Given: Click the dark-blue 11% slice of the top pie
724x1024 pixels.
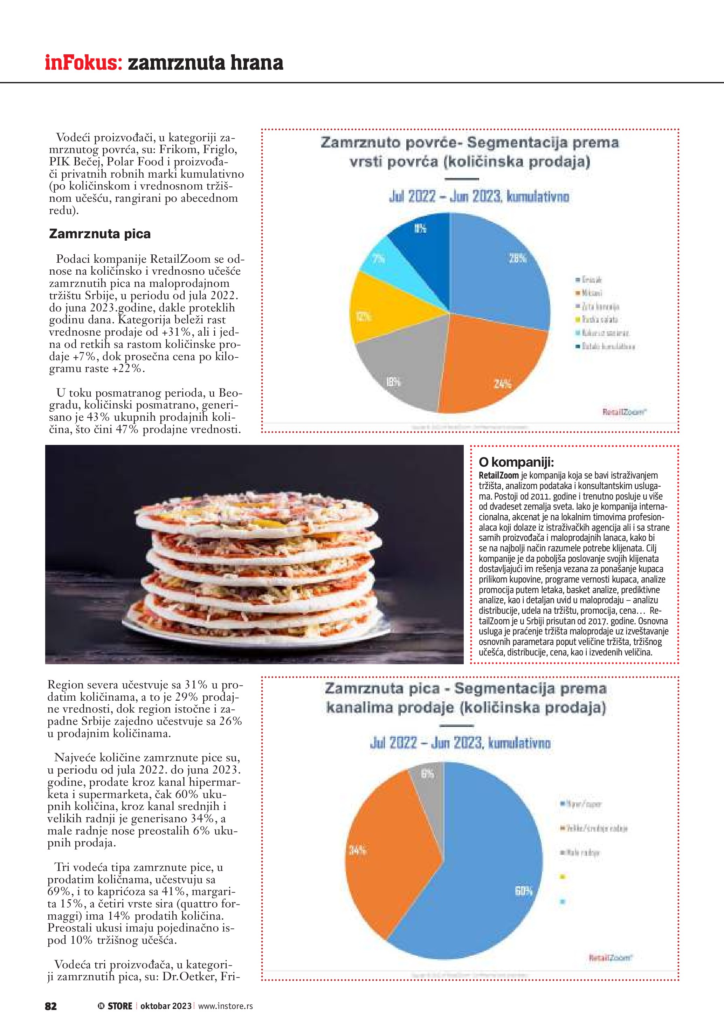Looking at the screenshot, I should (423, 236).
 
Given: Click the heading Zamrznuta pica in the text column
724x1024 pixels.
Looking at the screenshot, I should (100, 234).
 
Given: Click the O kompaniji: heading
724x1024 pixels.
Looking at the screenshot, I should (516, 462).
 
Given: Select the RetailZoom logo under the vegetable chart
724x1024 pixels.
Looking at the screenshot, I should (624, 412).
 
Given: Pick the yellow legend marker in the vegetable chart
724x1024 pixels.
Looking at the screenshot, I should (578, 319).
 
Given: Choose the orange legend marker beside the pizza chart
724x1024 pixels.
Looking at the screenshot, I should (563, 828).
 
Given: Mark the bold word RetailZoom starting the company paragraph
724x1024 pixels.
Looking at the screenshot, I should (498, 475).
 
